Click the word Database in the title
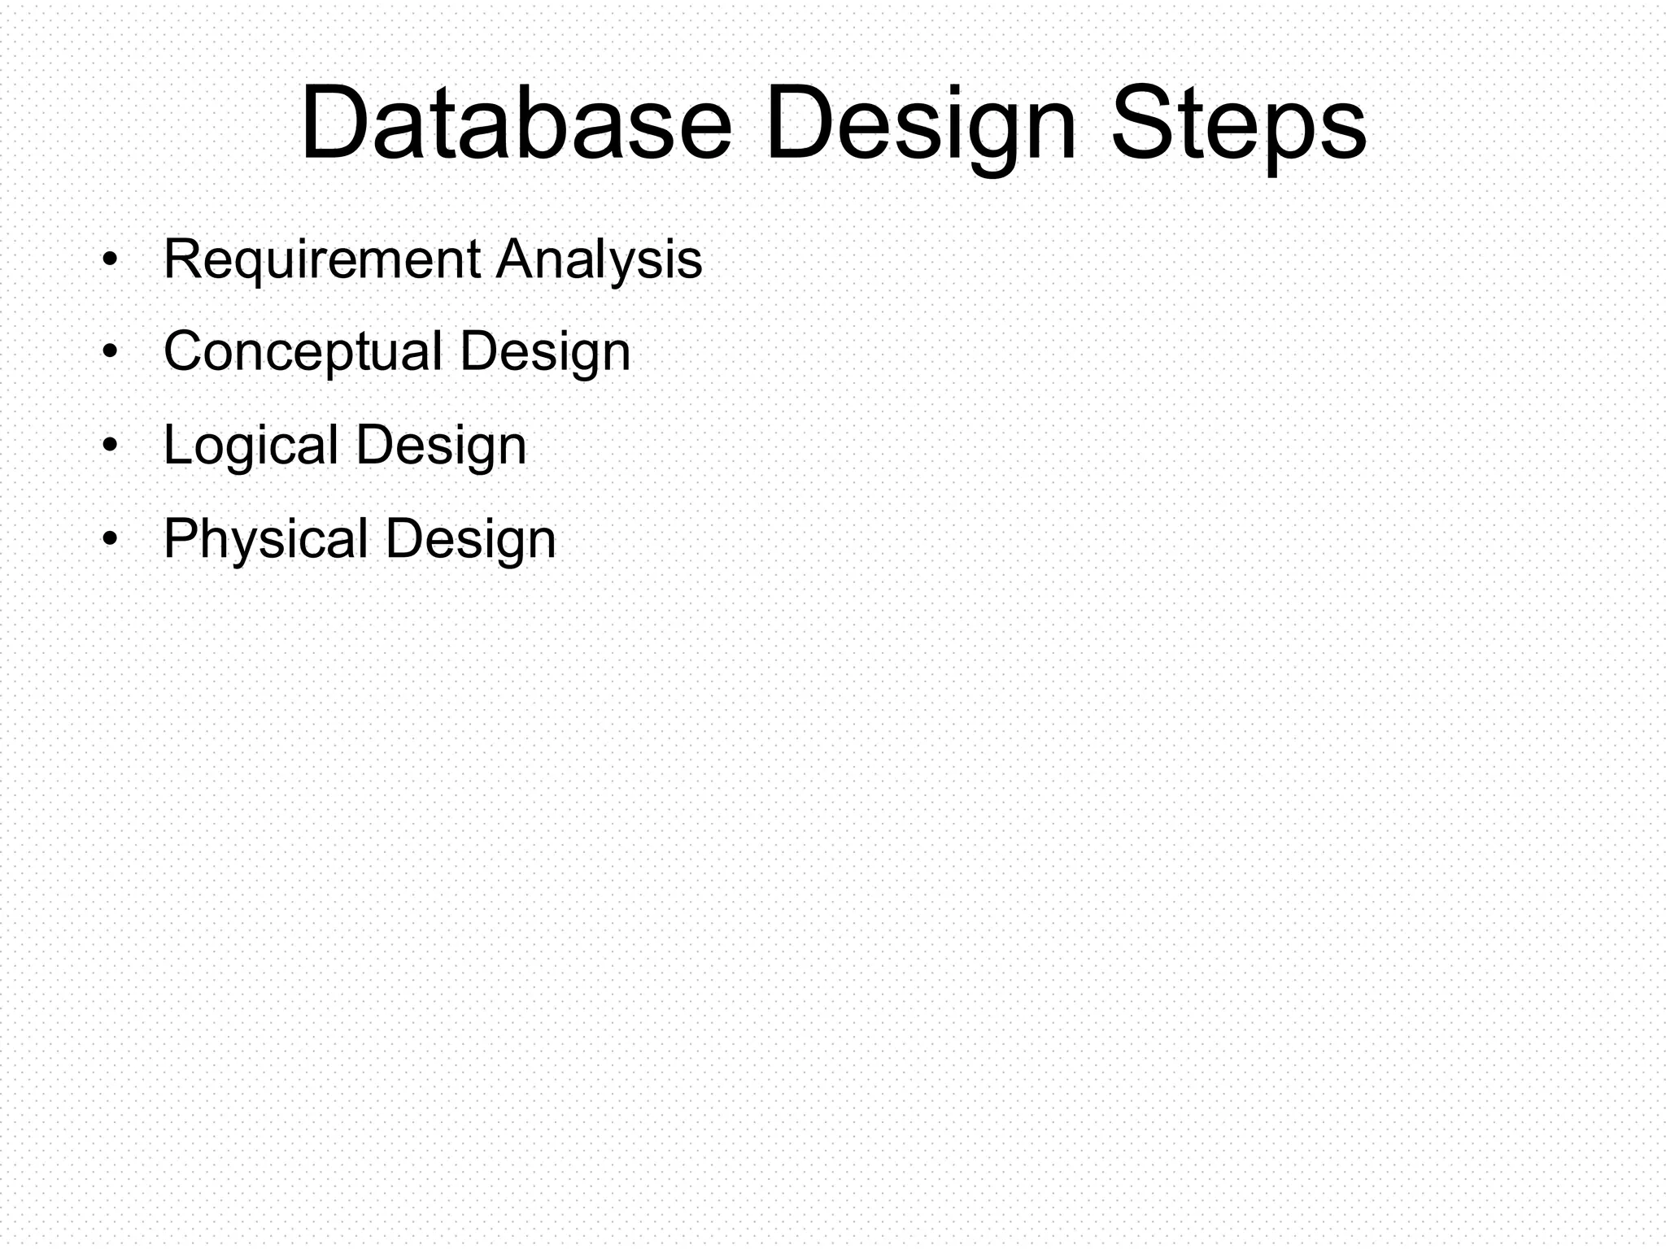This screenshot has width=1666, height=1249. coord(517,124)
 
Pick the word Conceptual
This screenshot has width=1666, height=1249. coord(303,353)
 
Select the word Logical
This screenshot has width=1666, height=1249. coord(251,447)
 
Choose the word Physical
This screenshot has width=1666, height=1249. coord(266,540)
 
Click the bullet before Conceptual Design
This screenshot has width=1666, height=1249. coord(111,353)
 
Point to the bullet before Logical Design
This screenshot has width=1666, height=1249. coord(111,446)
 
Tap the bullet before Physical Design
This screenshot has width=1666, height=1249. coord(111,539)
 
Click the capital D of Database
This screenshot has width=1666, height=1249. coord(334,124)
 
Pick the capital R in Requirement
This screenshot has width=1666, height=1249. coord(183,259)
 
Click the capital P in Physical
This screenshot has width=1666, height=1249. coord(182,537)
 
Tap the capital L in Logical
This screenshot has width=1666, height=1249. coord(177,444)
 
